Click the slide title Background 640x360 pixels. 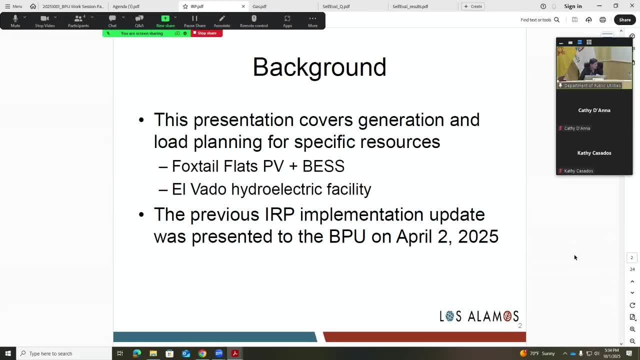(x=319, y=67)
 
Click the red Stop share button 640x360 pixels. (x=206, y=33)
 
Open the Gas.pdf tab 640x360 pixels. (x=259, y=6)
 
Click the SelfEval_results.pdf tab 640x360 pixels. (x=410, y=6)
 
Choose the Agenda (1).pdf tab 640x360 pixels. (x=126, y=6)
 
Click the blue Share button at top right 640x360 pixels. (x=624, y=20)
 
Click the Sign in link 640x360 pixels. (x=572, y=6)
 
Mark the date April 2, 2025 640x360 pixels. (x=447, y=236)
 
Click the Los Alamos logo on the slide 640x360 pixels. (x=479, y=316)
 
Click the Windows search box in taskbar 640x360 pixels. (x=65, y=353)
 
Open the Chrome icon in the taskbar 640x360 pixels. (x=202, y=353)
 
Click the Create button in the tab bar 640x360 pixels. (x=472, y=6)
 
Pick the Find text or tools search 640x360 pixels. (x=539, y=20)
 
